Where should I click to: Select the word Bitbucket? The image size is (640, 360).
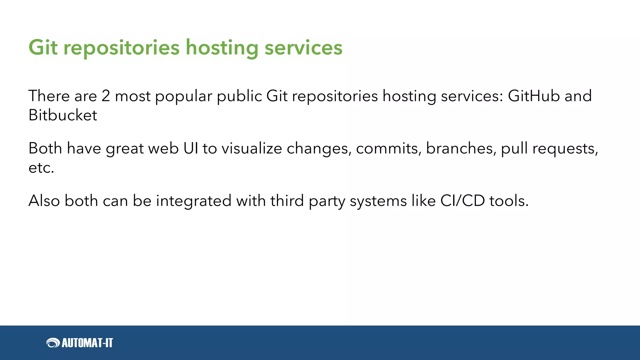[63, 115]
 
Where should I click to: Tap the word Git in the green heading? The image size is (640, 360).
[43, 48]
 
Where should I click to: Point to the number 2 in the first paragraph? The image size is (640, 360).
[106, 96]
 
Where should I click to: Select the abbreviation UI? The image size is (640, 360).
[191, 148]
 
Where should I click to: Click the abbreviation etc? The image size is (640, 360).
[41, 168]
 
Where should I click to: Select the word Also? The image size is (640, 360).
[44, 201]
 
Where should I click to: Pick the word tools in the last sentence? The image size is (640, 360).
[509, 201]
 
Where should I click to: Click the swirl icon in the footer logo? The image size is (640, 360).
[53, 343]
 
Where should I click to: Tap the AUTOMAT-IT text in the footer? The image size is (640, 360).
[87, 343]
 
